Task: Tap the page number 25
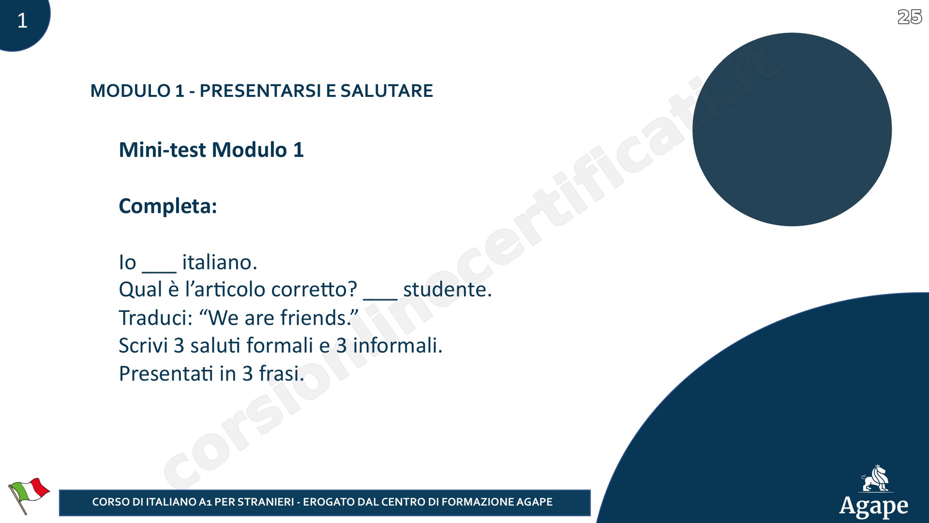coord(910,17)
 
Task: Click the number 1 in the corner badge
coord(22,20)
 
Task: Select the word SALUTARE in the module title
coord(387,91)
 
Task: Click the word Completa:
coord(168,206)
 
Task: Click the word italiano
coord(220,262)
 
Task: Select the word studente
coord(448,289)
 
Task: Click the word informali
coord(398,345)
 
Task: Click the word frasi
coord(282,373)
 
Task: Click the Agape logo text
coord(874,507)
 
